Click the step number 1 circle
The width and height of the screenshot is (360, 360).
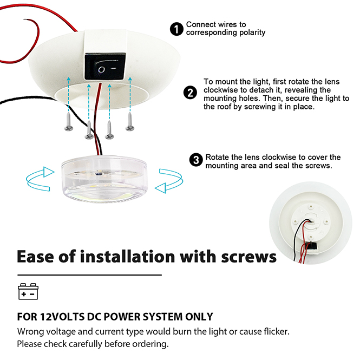177,29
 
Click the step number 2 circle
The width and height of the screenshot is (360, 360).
190,93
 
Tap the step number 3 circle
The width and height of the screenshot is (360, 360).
196,160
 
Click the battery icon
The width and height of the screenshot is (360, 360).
29,291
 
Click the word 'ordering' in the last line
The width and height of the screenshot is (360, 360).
149,344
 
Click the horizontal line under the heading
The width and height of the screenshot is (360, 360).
89,275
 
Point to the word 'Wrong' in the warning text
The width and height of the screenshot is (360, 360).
31,331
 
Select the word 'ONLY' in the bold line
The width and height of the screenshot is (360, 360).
198,317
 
